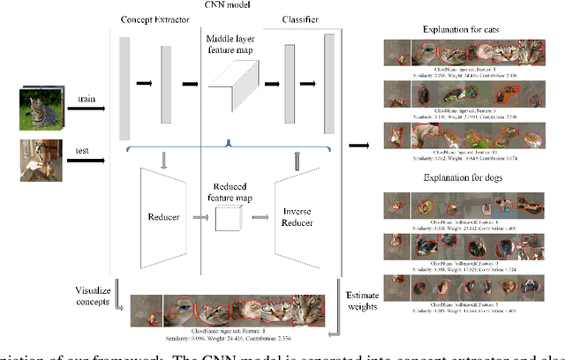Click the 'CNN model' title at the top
(x=225, y=6)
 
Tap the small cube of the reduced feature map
(x=229, y=218)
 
